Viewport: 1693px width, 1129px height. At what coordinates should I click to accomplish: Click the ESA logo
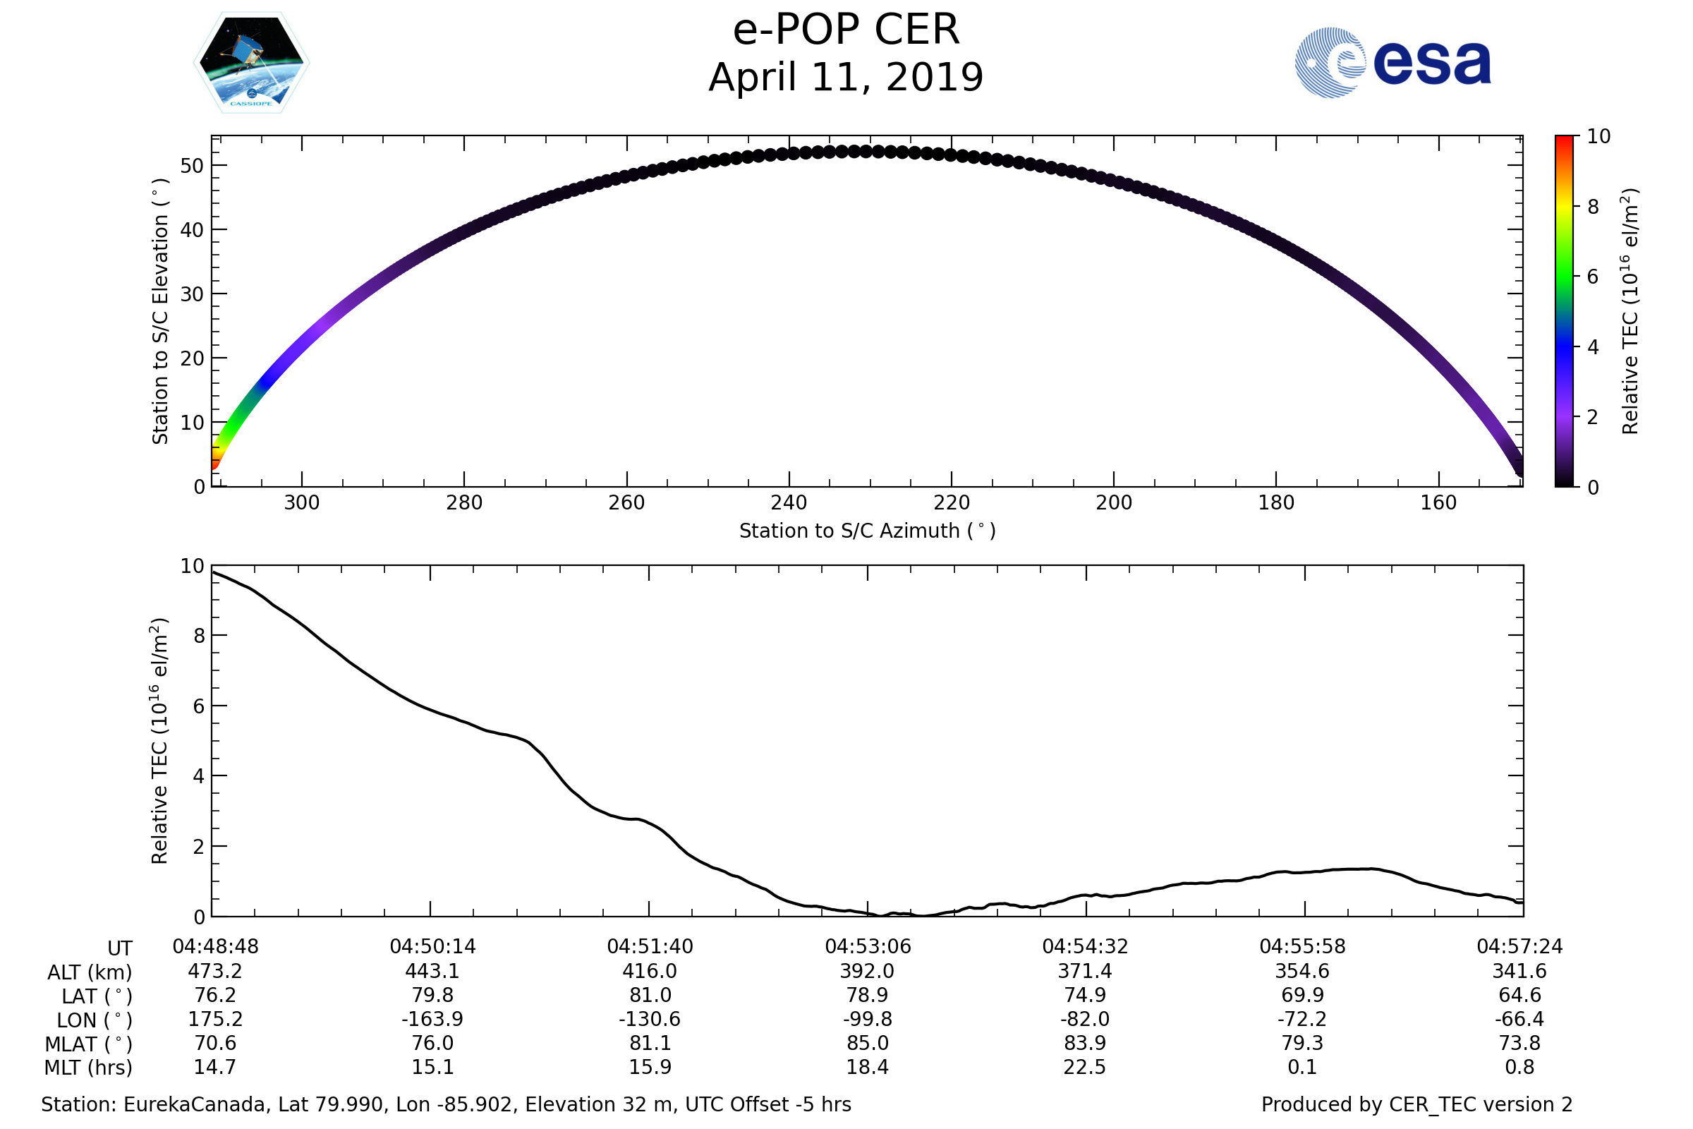tap(1392, 63)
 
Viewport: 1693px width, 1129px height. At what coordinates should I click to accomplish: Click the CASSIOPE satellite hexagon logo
tap(251, 63)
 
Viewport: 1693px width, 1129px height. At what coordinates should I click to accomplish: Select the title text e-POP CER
tap(846, 30)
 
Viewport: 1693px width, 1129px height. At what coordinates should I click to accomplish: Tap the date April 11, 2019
tap(846, 78)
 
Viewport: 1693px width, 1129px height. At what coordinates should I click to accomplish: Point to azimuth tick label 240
tap(789, 502)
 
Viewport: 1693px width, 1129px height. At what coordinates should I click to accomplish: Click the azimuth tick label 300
tap(302, 502)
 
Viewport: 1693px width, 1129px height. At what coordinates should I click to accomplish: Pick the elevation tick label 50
tap(192, 167)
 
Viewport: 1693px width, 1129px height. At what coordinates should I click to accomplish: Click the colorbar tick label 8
tap(1593, 207)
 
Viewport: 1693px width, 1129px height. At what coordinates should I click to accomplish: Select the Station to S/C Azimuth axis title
tap(868, 531)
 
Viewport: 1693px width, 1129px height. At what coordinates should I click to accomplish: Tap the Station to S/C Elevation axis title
tap(161, 312)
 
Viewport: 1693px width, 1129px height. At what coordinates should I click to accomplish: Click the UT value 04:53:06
tap(868, 947)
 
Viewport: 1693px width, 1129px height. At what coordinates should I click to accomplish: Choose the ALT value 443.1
tap(432, 972)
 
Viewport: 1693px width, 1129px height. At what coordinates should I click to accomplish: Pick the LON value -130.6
tap(649, 1020)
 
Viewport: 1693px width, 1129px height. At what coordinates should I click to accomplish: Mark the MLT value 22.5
tap(1085, 1067)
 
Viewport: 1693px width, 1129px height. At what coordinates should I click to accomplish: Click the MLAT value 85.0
tap(868, 1044)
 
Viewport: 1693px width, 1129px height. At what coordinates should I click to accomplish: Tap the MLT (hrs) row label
tap(89, 1068)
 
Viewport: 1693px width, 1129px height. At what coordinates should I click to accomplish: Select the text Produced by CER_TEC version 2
tap(1416, 1105)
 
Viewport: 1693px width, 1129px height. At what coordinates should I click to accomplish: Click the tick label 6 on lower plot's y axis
tap(199, 706)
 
